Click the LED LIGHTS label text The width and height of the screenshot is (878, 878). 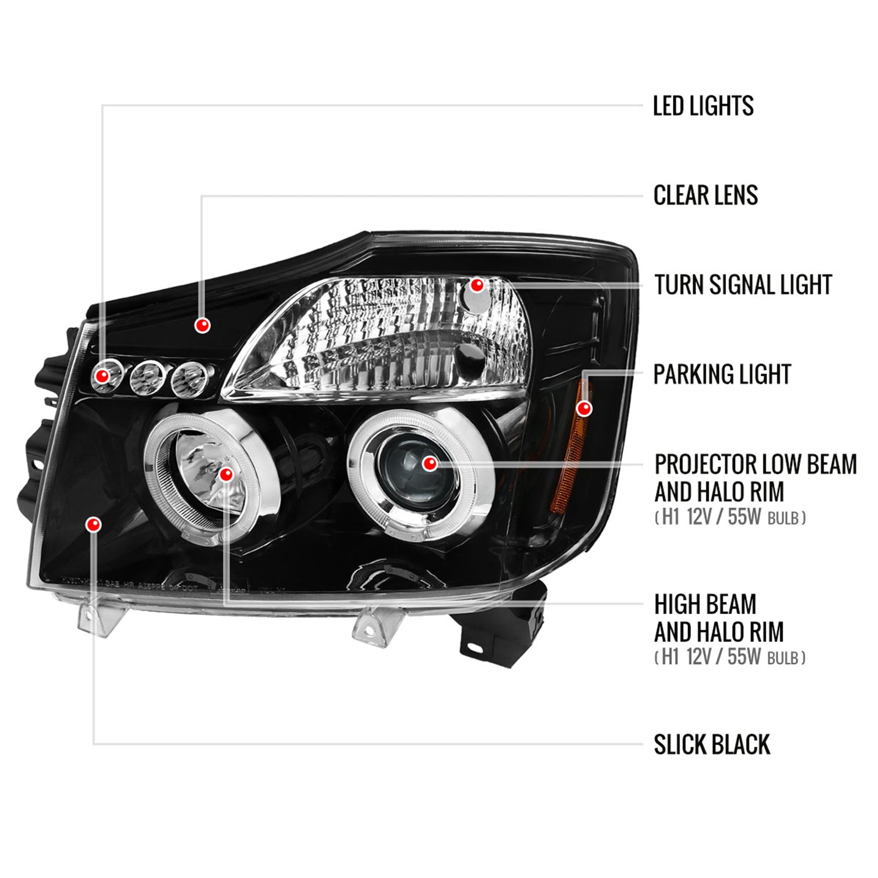click(x=703, y=106)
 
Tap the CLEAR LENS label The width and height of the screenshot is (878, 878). click(x=705, y=196)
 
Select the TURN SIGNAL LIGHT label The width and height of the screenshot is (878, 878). click(x=743, y=285)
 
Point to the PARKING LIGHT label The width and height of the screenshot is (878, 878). click(x=722, y=375)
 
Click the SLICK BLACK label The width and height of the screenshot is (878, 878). click(x=712, y=745)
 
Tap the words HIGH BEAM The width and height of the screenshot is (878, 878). click(x=705, y=604)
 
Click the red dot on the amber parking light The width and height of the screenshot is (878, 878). click(x=584, y=408)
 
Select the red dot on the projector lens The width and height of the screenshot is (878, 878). click(x=430, y=464)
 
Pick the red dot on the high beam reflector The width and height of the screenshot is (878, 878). click(x=226, y=475)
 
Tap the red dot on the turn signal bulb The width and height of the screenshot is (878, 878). click(x=477, y=285)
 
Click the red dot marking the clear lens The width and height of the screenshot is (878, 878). click(x=203, y=325)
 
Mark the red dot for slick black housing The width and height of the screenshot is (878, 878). click(x=93, y=524)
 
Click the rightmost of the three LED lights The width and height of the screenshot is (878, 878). click(x=190, y=378)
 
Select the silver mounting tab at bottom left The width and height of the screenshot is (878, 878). click(x=97, y=619)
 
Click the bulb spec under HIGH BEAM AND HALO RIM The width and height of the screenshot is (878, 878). click(x=729, y=657)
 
